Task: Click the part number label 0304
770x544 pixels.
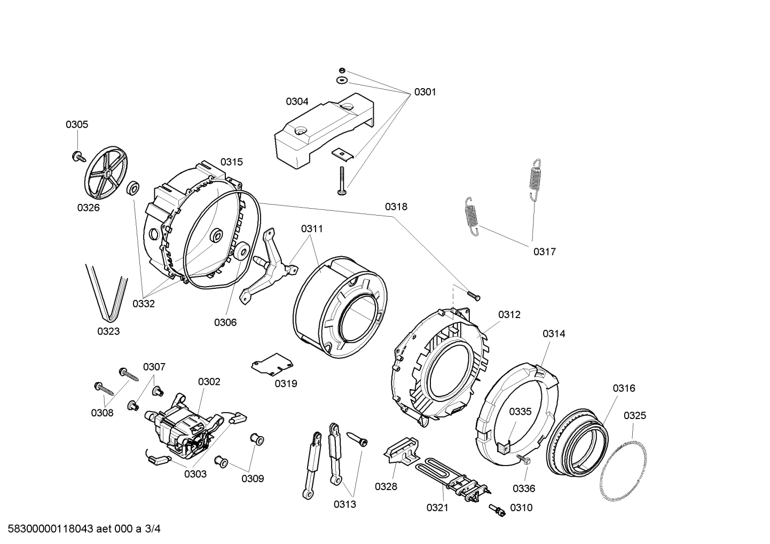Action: pos(297,101)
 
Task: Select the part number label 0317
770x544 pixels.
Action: pos(544,251)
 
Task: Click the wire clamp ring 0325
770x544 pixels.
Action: pos(622,470)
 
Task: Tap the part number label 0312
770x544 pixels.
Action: pos(509,314)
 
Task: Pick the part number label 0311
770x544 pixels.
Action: pos(312,228)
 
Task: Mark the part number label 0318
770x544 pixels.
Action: pos(396,207)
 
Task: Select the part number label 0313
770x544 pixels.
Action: pos(345,504)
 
